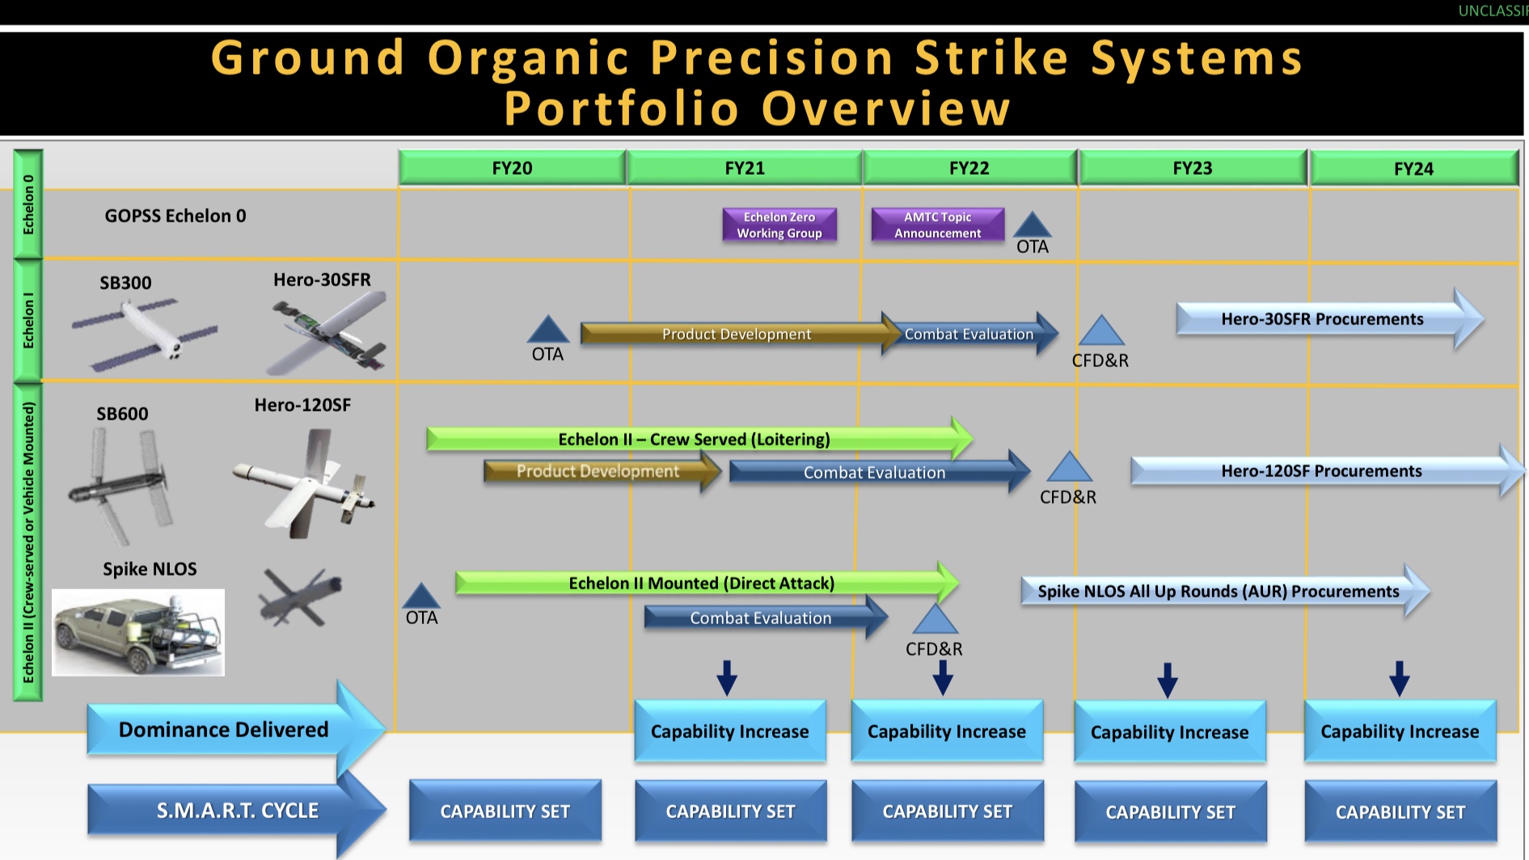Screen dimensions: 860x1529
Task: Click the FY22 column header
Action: click(969, 168)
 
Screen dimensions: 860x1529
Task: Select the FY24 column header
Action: click(1413, 168)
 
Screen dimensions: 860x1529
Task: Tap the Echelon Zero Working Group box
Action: click(779, 225)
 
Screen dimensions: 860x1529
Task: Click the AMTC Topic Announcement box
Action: click(937, 225)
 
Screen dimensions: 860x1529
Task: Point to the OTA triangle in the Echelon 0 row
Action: click(1032, 226)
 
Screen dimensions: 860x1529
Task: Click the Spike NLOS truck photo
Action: click(138, 632)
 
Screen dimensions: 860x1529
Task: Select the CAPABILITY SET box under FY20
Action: click(505, 811)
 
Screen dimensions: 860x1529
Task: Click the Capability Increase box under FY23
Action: click(1169, 732)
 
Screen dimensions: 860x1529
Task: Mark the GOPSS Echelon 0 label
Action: click(175, 216)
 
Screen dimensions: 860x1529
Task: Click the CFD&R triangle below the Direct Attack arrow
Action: click(935, 620)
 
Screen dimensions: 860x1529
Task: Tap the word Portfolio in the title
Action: click(621, 108)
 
